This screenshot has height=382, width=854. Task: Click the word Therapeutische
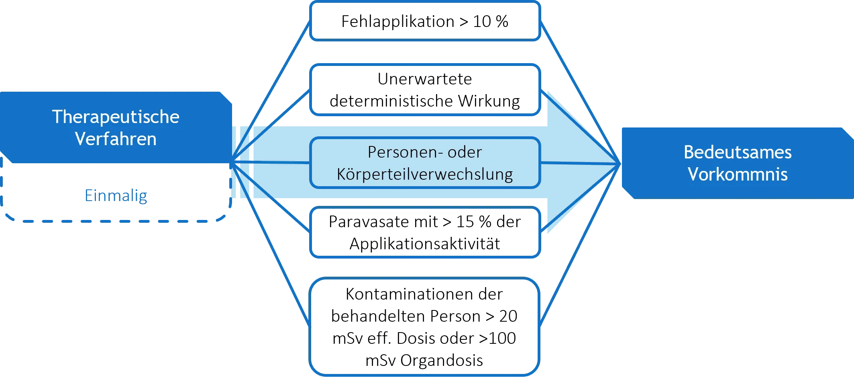tap(116, 117)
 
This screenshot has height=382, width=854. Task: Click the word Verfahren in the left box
tap(116, 139)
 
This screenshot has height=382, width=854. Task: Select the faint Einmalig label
tap(116, 196)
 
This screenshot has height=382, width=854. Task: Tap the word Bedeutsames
tap(738, 152)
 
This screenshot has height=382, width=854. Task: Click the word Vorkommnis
tap(738, 174)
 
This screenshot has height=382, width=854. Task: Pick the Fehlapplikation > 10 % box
tap(425, 21)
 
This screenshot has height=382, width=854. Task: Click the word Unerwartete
tap(424, 79)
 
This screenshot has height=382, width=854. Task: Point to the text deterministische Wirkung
tap(424, 102)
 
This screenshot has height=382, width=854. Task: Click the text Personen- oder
tap(424, 152)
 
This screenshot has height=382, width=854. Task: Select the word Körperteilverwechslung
tap(424, 174)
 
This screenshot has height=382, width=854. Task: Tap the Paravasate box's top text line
tap(425, 222)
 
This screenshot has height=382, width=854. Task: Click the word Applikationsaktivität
tap(425, 244)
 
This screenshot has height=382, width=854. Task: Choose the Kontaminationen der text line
tap(424, 295)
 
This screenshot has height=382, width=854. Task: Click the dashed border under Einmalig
tap(116, 221)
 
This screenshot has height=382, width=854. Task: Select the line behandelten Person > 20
tap(424, 316)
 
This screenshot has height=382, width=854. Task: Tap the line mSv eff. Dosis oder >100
tap(424, 338)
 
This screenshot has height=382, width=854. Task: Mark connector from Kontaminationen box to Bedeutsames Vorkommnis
tap(578, 245)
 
